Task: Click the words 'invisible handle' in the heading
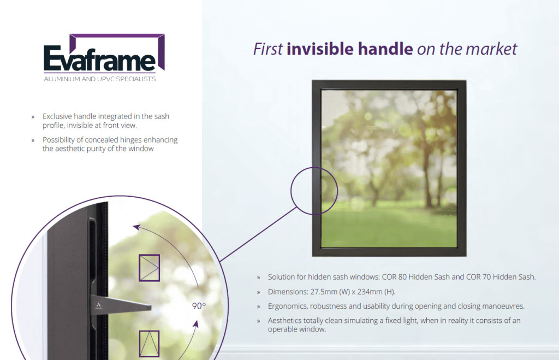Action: pos(350,49)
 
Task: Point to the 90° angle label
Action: pos(199,306)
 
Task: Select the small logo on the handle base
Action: pos(98,305)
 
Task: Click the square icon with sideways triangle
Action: pos(150,268)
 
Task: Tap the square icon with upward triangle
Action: pos(150,344)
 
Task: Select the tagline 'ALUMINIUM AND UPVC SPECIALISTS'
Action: pos(100,79)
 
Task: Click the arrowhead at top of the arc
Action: pos(136,227)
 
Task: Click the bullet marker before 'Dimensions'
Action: pos(258,292)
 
